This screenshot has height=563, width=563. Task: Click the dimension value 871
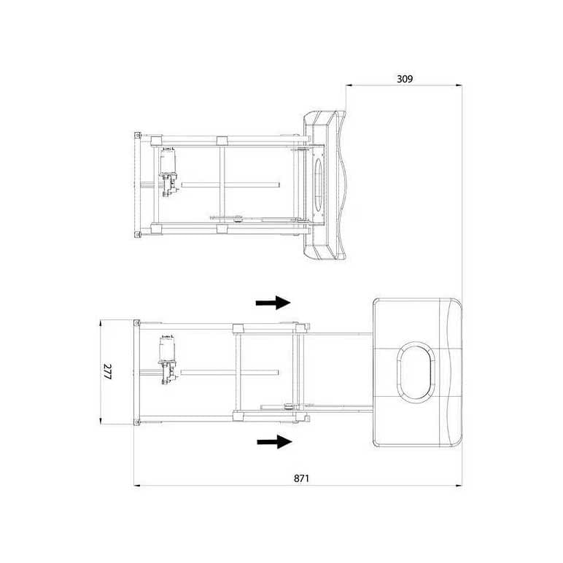[x=302, y=478]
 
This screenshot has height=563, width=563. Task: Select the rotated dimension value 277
[x=107, y=372]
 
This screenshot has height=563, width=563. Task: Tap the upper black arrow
[x=273, y=303]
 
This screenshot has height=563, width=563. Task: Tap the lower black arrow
[x=273, y=440]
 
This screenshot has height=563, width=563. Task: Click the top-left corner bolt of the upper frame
[x=137, y=136]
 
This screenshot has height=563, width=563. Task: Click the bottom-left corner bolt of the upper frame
[x=137, y=234]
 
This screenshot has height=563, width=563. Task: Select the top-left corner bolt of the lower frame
[x=136, y=322]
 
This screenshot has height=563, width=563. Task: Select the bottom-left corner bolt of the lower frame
[x=136, y=421]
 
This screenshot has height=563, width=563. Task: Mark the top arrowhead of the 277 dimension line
[x=100, y=322]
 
